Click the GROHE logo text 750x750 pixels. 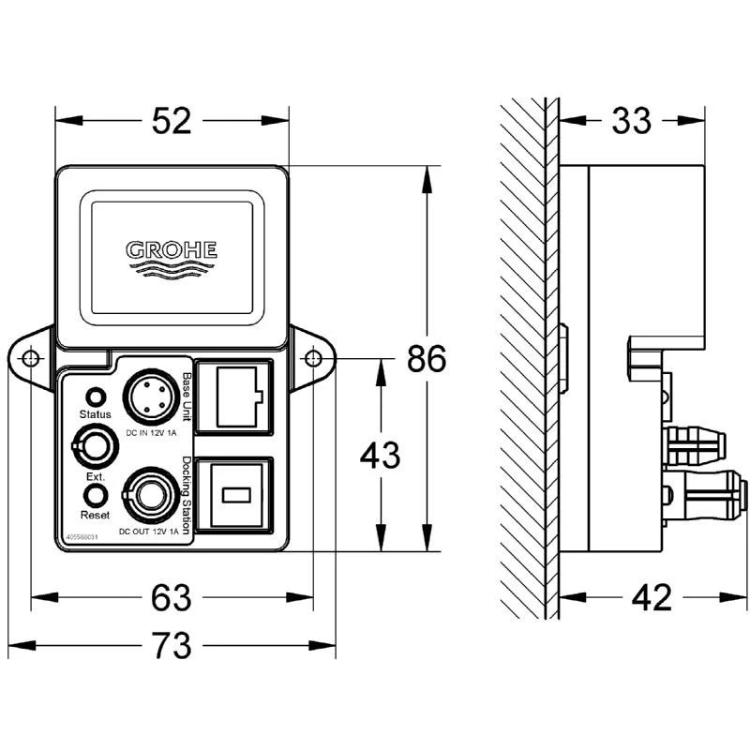pyautogui.click(x=172, y=249)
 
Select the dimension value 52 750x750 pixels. pyautogui.click(x=172, y=121)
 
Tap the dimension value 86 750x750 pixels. pyautogui.click(x=427, y=359)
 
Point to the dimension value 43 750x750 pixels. pyautogui.click(x=380, y=456)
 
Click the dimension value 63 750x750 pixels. pyautogui.click(x=172, y=596)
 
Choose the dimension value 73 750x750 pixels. pyautogui.click(x=172, y=645)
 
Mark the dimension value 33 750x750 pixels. pyautogui.click(x=632, y=121)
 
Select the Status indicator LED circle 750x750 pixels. pyautogui.click(x=95, y=395)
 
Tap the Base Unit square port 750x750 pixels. pyautogui.click(x=233, y=397)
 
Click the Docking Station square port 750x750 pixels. pyautogui.click(x=233, y=493)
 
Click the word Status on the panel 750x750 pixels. pyautogui.click(x=95, y=413)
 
